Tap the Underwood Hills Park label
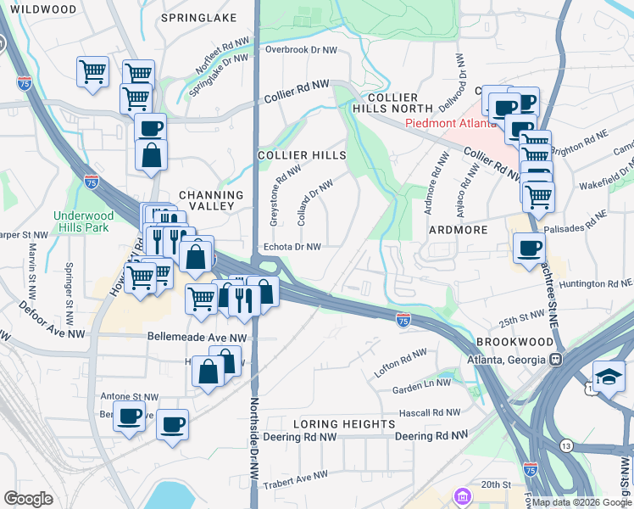click(83, 222)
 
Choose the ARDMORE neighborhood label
click(458, 230)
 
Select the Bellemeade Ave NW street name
click(197, 337)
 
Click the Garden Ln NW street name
click(420, 389)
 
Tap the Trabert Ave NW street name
click(294, 480)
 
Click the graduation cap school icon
click(609, 375)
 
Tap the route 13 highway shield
click(564, 445)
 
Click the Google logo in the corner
click(29, 499)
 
